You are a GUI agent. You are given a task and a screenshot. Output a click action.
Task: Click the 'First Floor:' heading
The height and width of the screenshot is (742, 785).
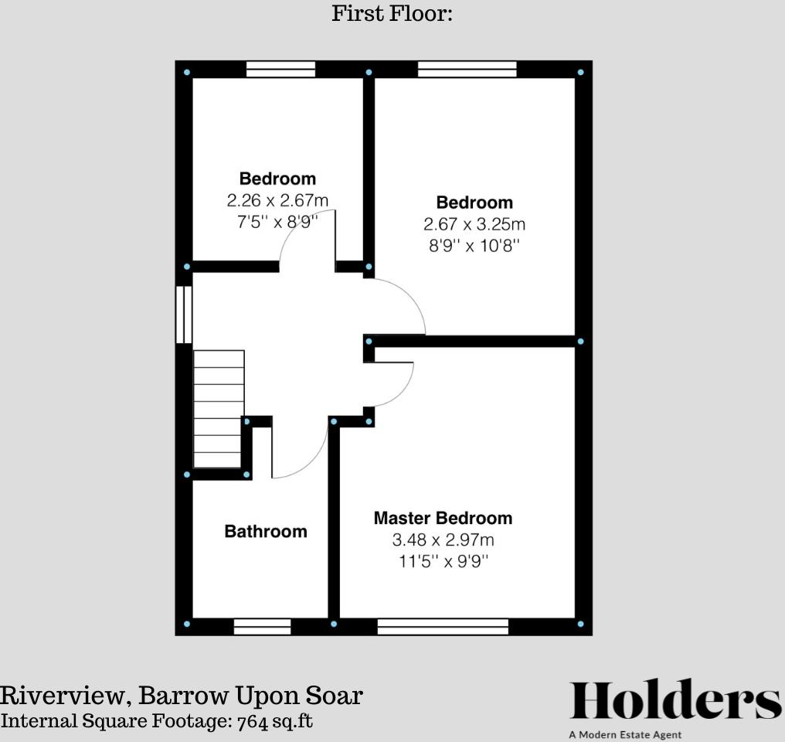[392, 13]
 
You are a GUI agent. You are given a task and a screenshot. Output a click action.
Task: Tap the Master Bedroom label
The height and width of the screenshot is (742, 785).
[443, 518]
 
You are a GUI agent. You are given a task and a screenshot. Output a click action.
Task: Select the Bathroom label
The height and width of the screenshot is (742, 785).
[266, 531]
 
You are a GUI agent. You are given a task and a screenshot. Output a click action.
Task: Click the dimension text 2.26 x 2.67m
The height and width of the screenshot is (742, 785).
[277, 200]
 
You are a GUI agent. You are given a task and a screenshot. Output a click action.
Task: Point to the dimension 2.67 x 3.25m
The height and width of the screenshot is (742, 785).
[474, 224]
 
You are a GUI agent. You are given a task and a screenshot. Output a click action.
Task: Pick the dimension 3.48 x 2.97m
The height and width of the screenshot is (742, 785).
[443, 539]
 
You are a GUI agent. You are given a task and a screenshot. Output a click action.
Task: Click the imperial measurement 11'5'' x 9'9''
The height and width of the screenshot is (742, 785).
[443, 560]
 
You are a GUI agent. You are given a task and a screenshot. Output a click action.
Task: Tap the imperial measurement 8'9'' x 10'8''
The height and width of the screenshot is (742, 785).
[474, 246]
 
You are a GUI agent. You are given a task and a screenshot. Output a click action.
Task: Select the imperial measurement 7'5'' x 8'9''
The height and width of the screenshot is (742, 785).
[277, 221]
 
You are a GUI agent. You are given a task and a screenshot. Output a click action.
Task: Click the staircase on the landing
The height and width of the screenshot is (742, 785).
[219, 409]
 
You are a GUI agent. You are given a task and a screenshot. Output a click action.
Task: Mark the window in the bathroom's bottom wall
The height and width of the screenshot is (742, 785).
[262, 626]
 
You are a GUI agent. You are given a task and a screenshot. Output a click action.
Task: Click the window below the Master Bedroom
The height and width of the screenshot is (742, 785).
[443, 626]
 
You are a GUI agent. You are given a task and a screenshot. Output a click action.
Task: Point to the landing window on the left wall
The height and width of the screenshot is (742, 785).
[184, 315]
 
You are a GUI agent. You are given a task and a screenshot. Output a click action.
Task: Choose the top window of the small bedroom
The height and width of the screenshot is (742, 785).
[280, 70]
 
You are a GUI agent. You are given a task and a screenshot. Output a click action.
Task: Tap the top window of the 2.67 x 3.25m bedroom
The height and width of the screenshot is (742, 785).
[467, 70]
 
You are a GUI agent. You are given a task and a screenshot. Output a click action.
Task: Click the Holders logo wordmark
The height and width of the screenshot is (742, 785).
[675, 702]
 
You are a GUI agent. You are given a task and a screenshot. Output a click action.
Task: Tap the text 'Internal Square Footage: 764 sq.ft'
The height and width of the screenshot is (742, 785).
[157, 721]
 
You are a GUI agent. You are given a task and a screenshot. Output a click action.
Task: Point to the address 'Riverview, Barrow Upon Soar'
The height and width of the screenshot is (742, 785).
[181, 695]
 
